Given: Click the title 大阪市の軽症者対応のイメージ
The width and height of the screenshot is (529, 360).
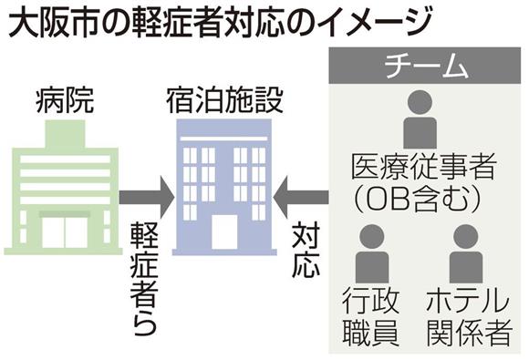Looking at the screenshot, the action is pos(220,23).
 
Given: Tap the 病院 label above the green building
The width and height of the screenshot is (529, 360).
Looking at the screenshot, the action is pos(65,100).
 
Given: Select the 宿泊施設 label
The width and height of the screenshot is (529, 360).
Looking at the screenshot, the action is pos(224,100).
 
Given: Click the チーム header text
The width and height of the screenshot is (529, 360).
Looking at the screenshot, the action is pos(427,66).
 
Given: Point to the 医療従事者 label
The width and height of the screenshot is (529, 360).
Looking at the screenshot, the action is pos(424,166).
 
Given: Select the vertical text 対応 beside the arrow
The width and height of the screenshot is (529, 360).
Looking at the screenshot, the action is pos(306,250).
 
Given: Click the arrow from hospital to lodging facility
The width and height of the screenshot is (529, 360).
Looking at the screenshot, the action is pos(147,197).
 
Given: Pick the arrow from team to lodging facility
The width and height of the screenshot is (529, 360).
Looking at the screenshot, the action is pos(301,197).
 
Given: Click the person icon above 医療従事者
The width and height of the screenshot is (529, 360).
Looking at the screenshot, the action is pos(420,119).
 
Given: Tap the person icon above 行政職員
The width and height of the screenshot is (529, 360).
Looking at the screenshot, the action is pos(372,253).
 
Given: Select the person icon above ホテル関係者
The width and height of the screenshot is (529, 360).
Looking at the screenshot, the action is pos(466,253).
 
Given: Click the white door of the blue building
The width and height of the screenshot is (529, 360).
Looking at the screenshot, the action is pos(224,231).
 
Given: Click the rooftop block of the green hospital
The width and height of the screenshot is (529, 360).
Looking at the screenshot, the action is pos(65,134).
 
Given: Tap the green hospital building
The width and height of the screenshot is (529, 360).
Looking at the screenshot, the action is pos(64,188).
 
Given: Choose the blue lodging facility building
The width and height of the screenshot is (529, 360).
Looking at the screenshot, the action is pos(224,188).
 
